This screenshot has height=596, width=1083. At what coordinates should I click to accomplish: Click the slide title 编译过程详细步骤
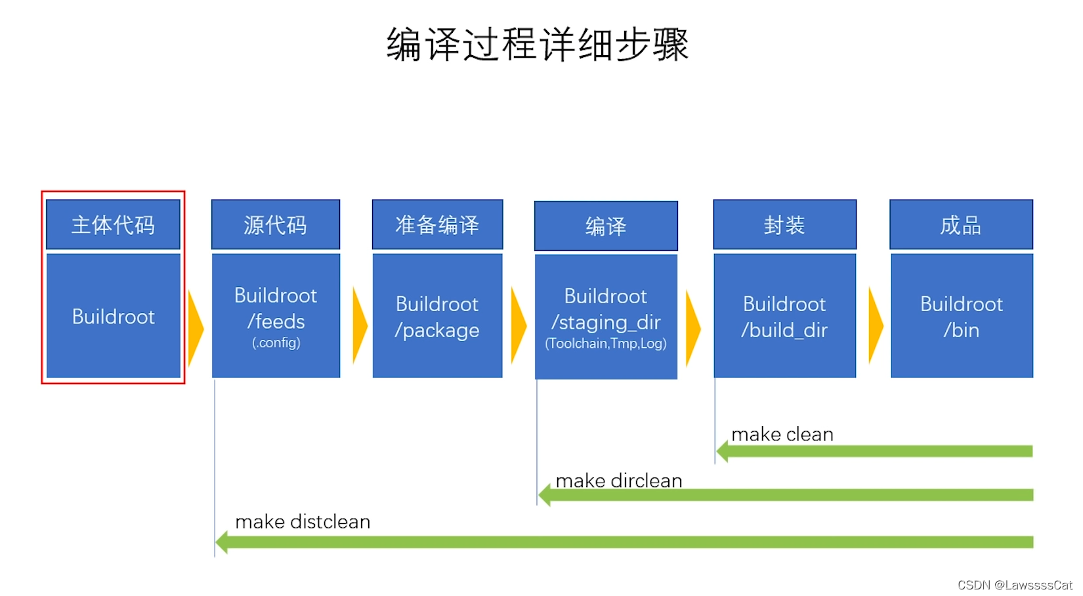pyautogui.click(x=538, y=45)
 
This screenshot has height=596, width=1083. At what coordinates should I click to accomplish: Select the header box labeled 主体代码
pyautogui.click(x=113, y=225)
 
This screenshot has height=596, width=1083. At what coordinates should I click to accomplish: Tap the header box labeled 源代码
pyautogui.click(x=276, y=225)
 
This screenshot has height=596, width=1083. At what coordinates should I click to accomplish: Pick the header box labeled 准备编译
pyautogui.click(x=437, y=225)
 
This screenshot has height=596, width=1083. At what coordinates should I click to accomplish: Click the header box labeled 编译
pyautogui.click(x=606, y=226)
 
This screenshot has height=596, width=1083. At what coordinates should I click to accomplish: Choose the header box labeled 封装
pyautogui.click(x=784, y=225)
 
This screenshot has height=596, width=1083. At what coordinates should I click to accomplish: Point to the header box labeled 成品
pyautogui.click(x=961, y=225)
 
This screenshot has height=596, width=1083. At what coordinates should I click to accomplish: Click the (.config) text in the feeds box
pyautogui.click(x=276, y=343)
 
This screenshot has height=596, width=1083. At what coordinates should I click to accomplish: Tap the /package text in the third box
pyautogui.click(x=437, y=330)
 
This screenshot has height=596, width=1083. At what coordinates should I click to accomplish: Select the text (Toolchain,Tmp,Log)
pyautogui.click(x=606, y=343)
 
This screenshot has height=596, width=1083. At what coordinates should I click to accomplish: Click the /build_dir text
pyautogui.click(x=784, y=330)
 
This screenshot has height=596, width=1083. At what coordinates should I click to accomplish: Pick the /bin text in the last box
pyautogui.click(x=962, y=330)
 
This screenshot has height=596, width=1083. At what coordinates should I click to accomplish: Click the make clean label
pyautogui.click(x=782, y=435)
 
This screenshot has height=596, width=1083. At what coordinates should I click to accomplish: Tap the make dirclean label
pyautogui.click(x=619, y=480)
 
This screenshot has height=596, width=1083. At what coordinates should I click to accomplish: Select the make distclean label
pyautogui.click(x=303, y=522)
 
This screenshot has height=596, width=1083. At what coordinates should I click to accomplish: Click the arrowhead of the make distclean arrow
pyautogui.click(x=223, y=542)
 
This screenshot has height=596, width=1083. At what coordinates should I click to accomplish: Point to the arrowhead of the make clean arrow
pyautogui.click(x=723, y=451)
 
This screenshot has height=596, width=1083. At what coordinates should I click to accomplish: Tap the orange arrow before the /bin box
pyautogui.click(x=876, y=326)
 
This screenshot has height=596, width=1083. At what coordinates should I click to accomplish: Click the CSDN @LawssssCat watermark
pyautogui.click(x=1014, y=585)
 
